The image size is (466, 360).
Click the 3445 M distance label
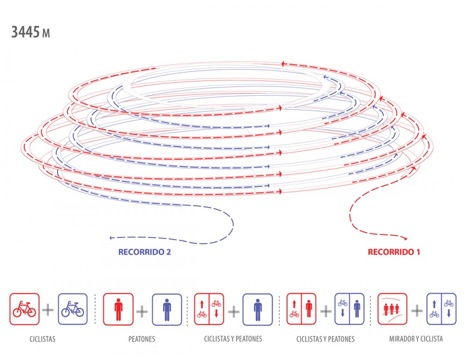(31, 32)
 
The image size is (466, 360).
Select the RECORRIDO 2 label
(144, 252)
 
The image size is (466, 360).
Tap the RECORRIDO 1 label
(394, 252)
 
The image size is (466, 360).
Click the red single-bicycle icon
(24, 309)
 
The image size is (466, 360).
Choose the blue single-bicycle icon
(73, 309)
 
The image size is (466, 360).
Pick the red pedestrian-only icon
(118, 310)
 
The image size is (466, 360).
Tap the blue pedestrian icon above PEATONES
(167, 310)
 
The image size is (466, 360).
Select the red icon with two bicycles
(209, 309)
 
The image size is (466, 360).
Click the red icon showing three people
(392, 309)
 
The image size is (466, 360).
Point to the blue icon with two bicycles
(441, 309)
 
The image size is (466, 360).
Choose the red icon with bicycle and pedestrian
(302, 309)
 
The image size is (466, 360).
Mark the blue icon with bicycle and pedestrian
(349, 309)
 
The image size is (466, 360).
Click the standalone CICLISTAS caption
(42, 339)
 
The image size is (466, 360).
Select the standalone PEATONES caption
(142, 339)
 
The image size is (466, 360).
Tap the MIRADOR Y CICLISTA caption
(416, 339)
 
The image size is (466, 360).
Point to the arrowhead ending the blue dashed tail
(111, 238)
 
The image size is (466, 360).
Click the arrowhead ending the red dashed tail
(405, 238)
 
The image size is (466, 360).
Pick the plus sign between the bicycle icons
(48, 310)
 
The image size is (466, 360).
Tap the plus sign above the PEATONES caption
(142, 312)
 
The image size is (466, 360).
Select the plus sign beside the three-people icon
(417, 311)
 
